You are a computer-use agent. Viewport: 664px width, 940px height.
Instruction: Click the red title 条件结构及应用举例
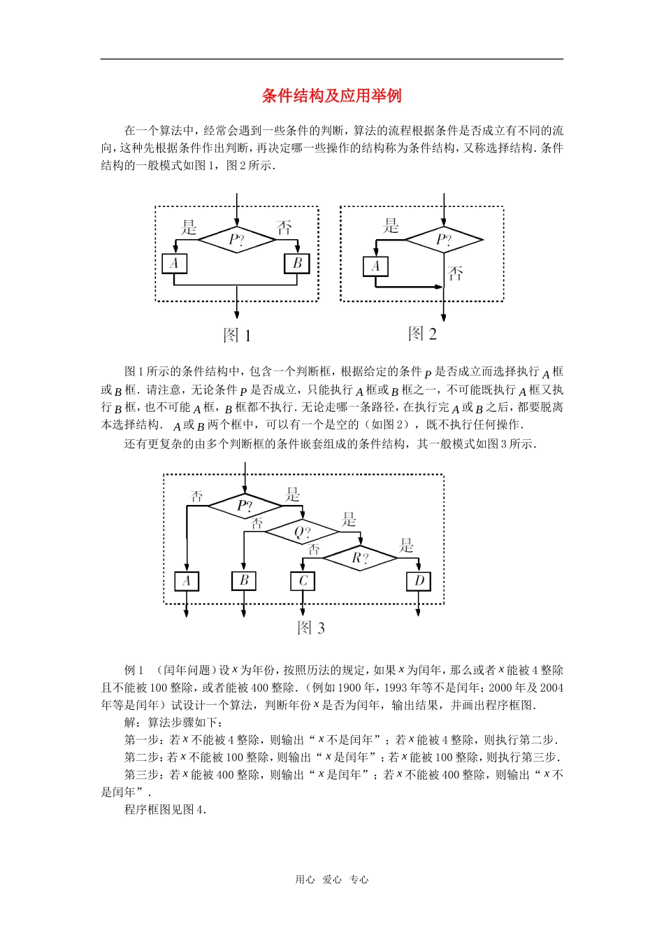pyautogui.click(x=331, y=96)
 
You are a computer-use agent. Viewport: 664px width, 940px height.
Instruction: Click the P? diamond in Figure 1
pyautogui.click(x=237, y=240)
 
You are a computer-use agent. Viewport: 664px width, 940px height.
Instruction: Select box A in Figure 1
pyautogui.click(x=174, y=264)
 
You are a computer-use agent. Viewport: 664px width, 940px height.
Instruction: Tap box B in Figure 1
pyautogui.click(x=296, y=264)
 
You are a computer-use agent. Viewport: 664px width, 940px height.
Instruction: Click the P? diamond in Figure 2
pyautogui.click(x=444, y=240)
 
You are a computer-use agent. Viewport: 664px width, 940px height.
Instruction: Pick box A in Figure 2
pyautogui.click(x=375, y=266)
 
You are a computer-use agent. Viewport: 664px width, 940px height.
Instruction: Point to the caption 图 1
pyautogui.click(x=237, y=336)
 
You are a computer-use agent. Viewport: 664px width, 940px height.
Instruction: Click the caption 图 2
pyautogui.click(x=422, y=334)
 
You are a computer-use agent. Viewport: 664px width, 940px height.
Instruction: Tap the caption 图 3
pyautogui.click(x=311, y=627)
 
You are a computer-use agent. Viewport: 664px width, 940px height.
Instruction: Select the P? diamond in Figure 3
pyautogui.click(x=244, y=506)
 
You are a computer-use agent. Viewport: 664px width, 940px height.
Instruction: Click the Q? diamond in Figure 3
pyautogui.click(x=302, y=532)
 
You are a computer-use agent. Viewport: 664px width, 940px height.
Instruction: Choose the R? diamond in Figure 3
pyautogui.click(x=360, y=557)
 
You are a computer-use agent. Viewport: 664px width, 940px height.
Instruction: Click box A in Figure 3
pyautogui.click(x=187, y=581)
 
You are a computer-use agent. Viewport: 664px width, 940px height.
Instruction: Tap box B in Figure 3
pyautogui.click(x=244, y=581)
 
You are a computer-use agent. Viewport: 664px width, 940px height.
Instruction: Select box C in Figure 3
pyautogui.click(x=303, y=581)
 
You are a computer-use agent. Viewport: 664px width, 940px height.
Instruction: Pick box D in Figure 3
pyautogui.click(x=419, y=581)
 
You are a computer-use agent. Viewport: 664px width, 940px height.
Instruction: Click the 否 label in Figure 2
pyautogui.click(x=456, y=273)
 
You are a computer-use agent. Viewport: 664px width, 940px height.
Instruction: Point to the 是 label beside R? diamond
pyautogui.click(x=407, y=546)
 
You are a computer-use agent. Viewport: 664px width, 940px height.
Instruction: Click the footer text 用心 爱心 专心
pyautogui.click(x=331, y=880)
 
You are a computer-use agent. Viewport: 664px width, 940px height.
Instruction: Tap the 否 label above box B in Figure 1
pyautogui.click(x=284, y=227)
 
